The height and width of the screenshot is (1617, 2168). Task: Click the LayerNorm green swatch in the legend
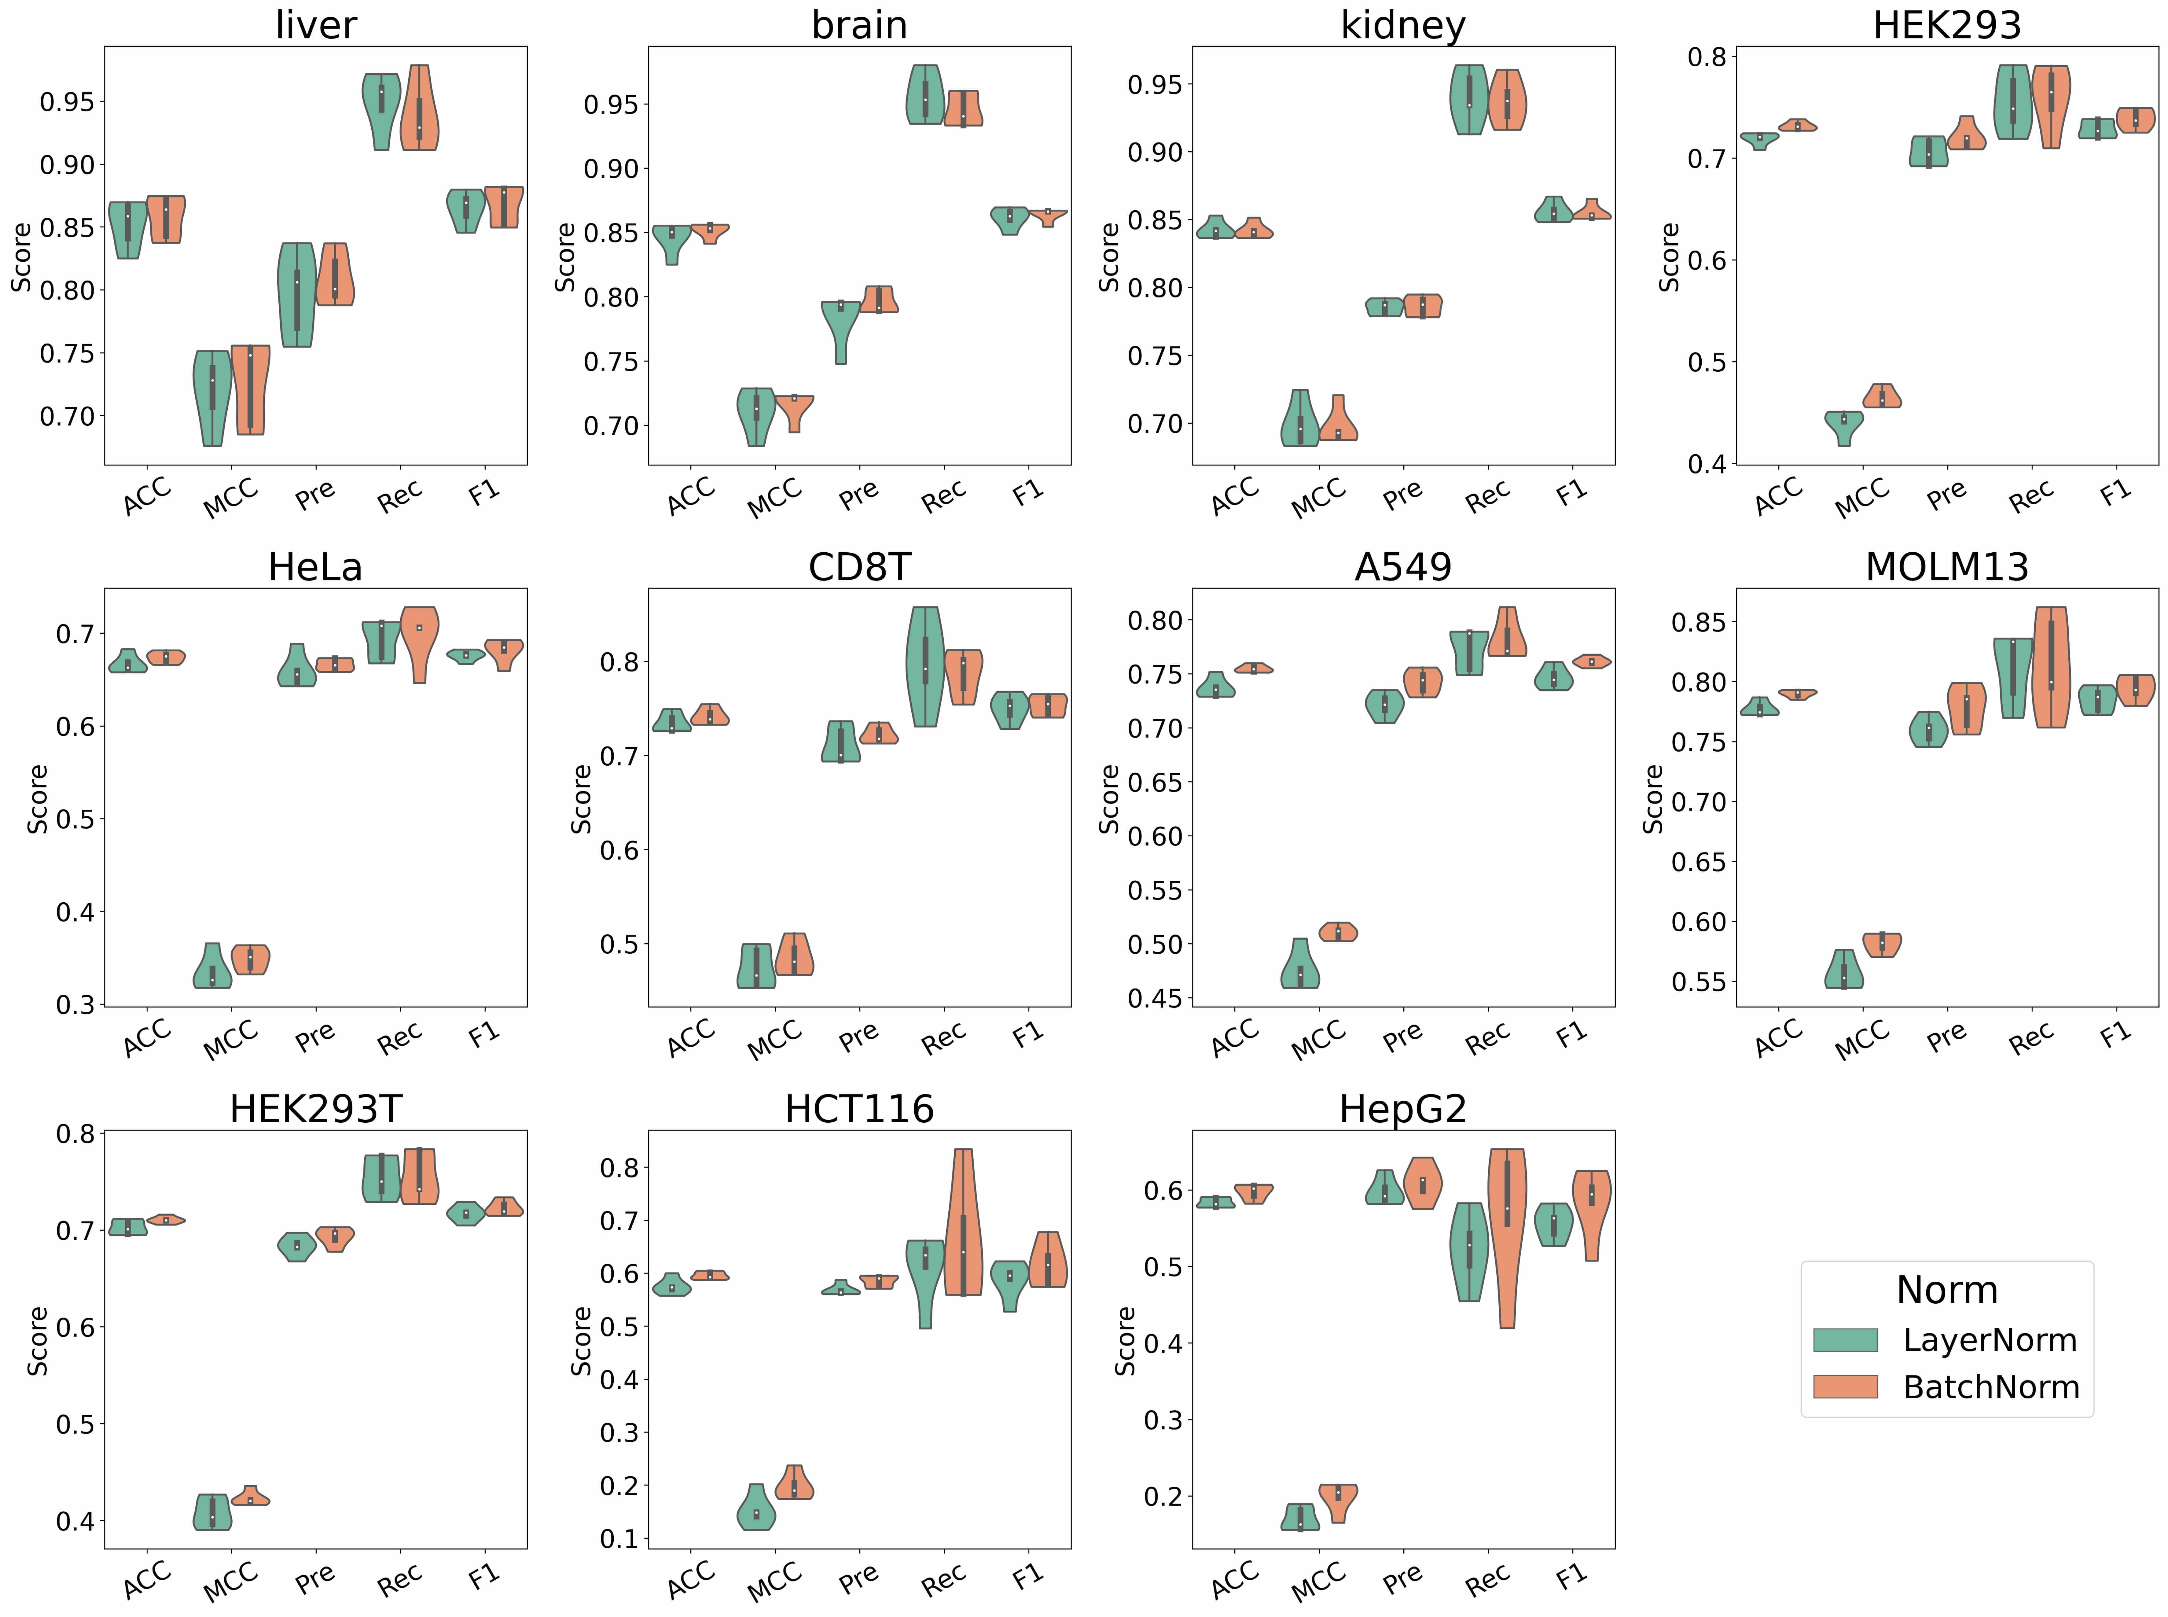point(1845,1340)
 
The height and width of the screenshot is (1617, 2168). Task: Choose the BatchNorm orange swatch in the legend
point(1845,1387)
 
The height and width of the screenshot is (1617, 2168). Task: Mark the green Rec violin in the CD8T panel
point(925,665)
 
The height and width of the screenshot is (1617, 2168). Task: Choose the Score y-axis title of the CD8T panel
point(581,799)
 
